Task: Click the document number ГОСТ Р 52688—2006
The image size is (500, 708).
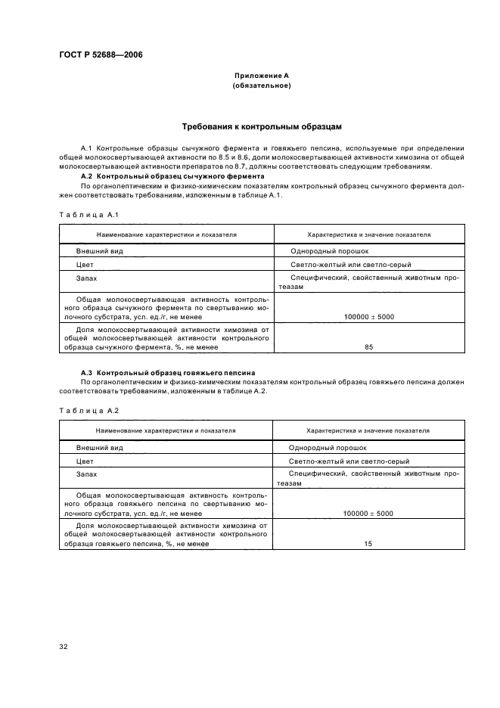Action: pyautogui.click(x=101, y=55)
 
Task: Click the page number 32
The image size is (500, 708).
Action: pyautogui.click(x=64, y=647)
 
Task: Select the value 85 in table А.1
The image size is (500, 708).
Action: pyautogui.click(x=368, y=347)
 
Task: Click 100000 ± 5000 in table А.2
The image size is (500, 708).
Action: pyautogui.click(x=368, y=513)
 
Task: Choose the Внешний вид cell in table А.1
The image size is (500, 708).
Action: pyautogui.click(x=99, y=250)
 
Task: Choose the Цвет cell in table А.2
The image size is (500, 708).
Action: pyautogui.click(x=85, y=460)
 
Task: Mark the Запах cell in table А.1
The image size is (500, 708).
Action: pyautogui.click(x=87, y=279)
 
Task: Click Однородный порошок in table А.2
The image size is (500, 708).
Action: pyautogui.click(x=328, y=446)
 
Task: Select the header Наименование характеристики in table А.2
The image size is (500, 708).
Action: pyautogui.click(x=166, y=430)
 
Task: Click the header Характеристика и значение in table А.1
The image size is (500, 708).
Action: pyautogui.click(x=368, y=234)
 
